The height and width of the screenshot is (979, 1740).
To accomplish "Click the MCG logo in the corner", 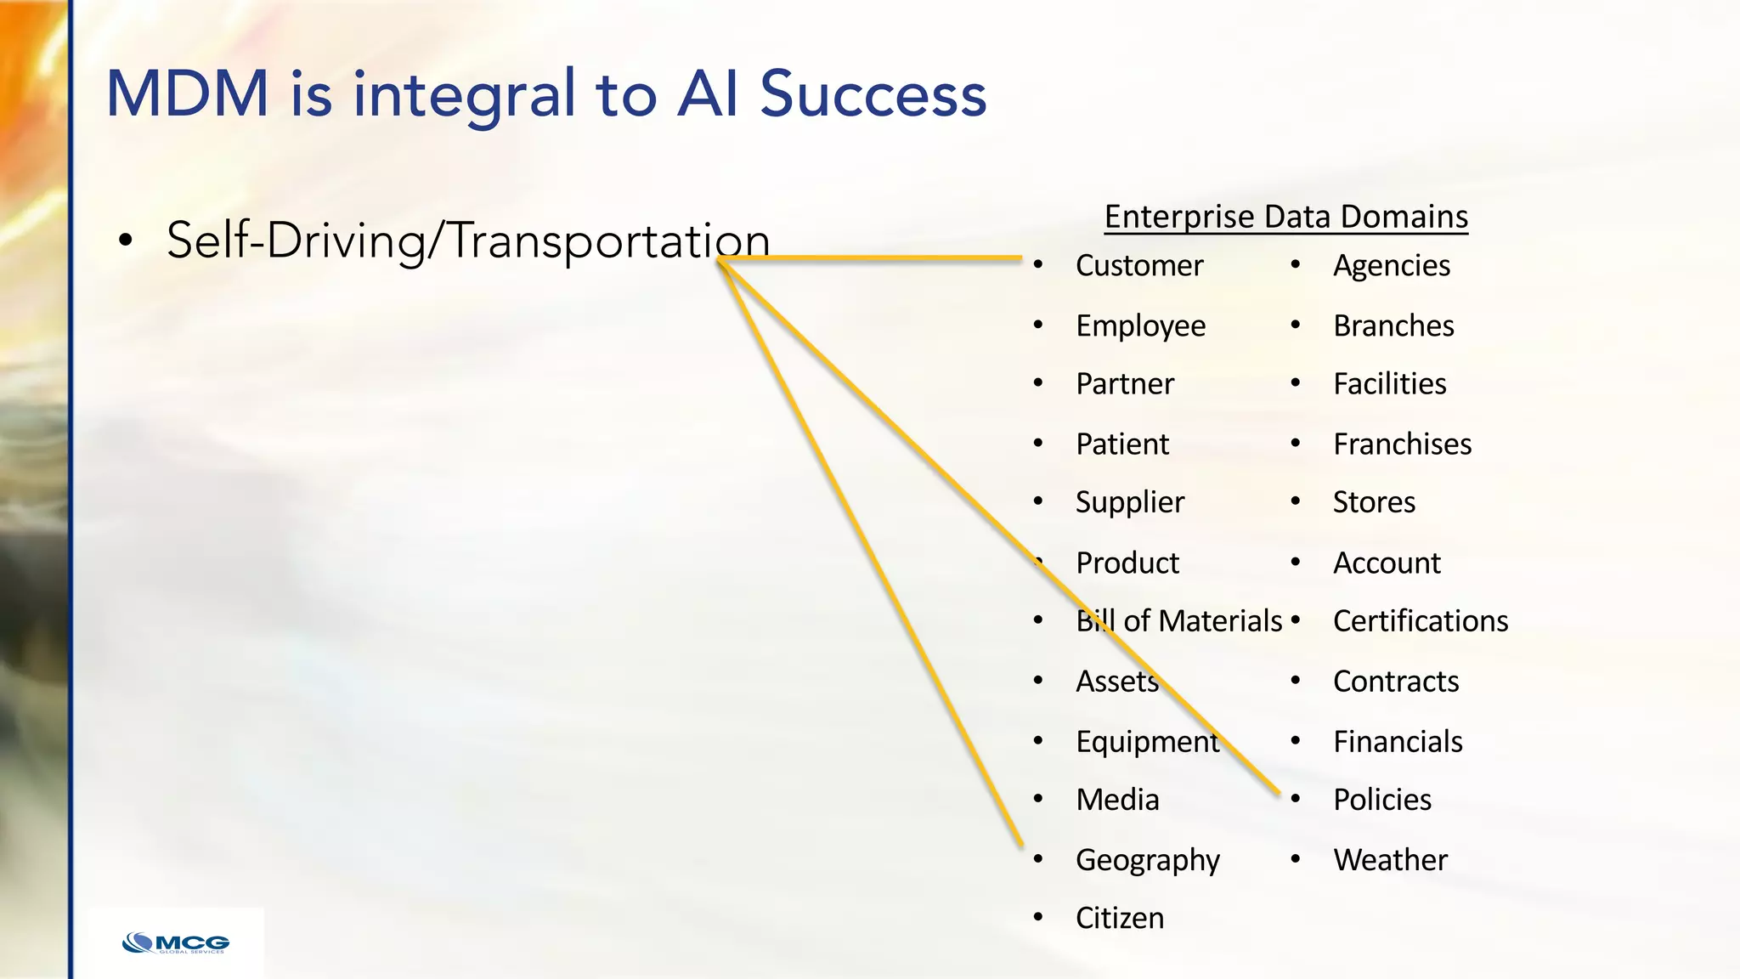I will pyautogui.click(x=176, y=943).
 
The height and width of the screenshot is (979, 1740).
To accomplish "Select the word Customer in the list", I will pyautogui.click(x=1138, y=266).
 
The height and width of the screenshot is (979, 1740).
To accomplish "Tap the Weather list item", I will pyautogui.click(x=1389, y=860).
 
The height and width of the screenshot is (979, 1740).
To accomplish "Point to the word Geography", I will pyautogui.click(x=1147, y=861).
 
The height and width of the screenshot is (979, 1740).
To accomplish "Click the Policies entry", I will pyautogui.click(x=1381, y=800).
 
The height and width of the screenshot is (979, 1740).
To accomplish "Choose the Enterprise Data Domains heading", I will pyautogui.click(x=1285, y=217).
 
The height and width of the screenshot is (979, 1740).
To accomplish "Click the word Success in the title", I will pyautogui.click(x=873, y=93).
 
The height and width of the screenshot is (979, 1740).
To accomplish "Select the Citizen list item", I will pyautogui.click(x=1119, y=918).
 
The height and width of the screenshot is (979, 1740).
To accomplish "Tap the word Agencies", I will pyautogui.click(x=1391, y=266).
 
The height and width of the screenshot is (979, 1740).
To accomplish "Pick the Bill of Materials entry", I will pyautogui.click(x=1178, y=621).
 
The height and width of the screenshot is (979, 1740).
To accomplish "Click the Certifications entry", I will pyautogui.click(x=1420, y=621).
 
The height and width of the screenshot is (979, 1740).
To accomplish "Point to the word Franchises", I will pyautogui.click(x=1402, y=444).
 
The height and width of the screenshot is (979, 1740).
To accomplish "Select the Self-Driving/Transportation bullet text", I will pyautogui.click(x=467, y=241).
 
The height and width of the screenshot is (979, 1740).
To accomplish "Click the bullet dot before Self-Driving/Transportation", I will pyautogui.click(x=126, y=241).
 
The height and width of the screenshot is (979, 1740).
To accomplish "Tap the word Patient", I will pyautogui.click(x=1121, y=444).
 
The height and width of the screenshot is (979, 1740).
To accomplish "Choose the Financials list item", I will pyautogui.click(x=1397, y=742).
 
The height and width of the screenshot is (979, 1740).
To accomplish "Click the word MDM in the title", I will pyautogui.click(x=187, y=93).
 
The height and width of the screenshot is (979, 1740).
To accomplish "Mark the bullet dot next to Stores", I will pyautogui.click(x=1295, y=501).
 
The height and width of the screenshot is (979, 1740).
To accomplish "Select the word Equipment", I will pyautogui.click(x=1147, y=742).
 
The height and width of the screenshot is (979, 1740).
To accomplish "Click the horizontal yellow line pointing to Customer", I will pyautogui.click(x=875, y=257).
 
